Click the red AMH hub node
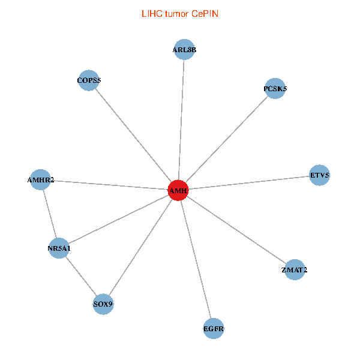178,190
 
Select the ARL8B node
184,50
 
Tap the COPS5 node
89,80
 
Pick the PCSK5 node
275,89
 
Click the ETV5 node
319,176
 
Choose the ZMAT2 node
294,270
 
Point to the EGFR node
214,328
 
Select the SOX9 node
103,304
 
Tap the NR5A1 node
59,248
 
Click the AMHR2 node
40,179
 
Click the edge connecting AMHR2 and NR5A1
50,214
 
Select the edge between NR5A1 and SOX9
81,276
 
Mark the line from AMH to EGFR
196,259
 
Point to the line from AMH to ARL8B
181,120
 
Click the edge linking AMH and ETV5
249,183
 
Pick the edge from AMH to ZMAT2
236,230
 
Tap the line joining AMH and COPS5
133,135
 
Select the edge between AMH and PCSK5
227,139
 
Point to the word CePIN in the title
205,13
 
